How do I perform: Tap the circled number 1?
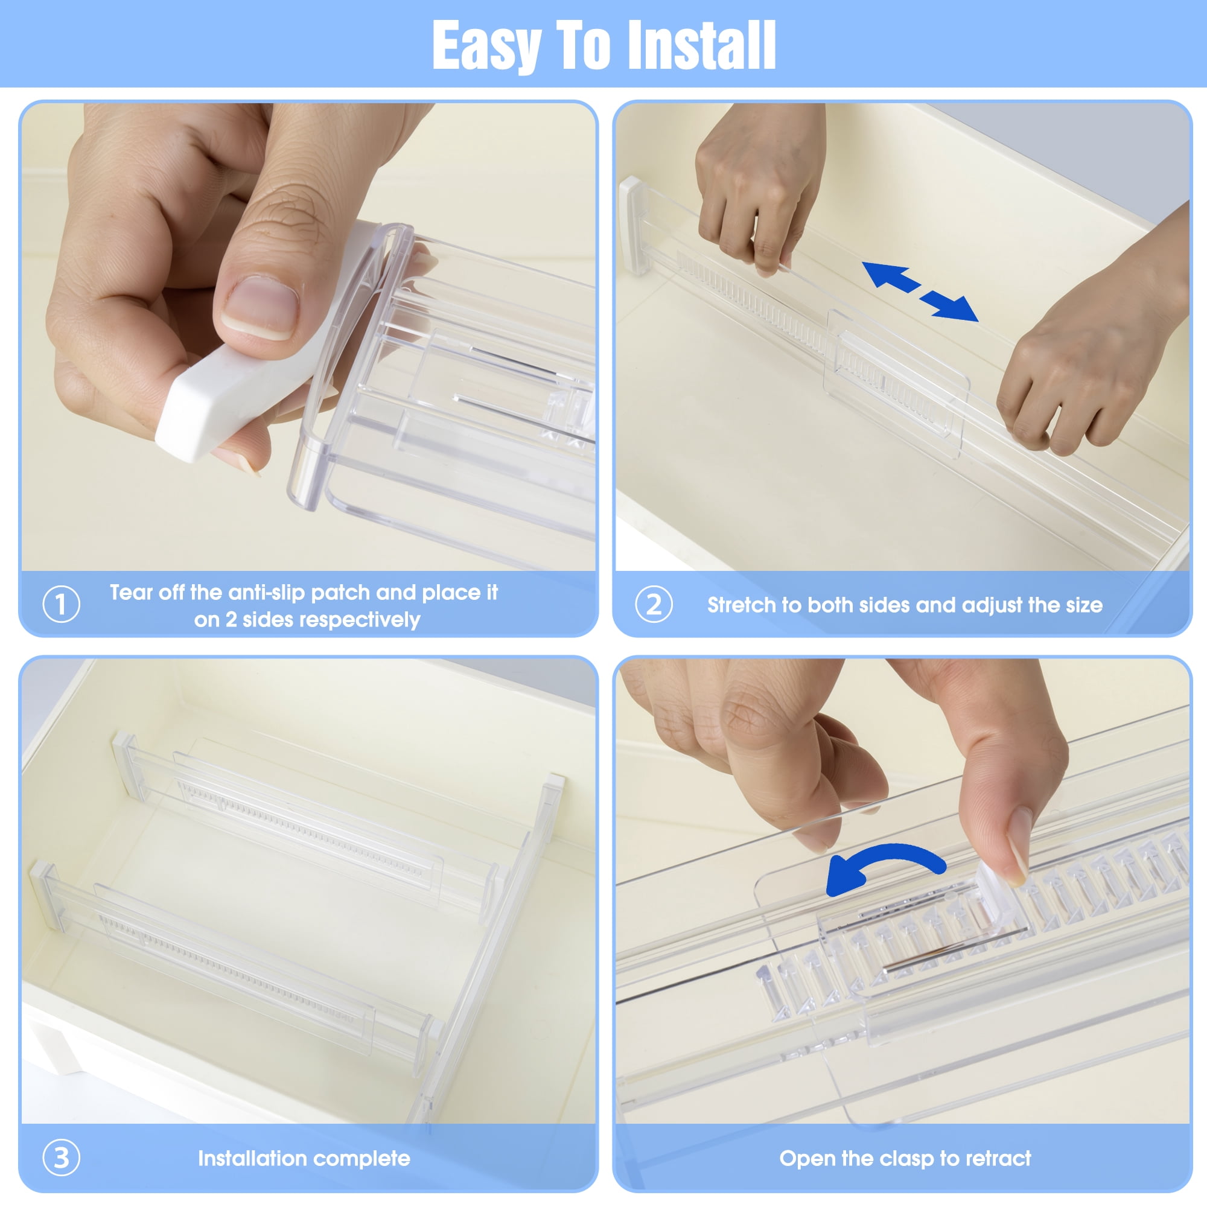[x=61, y=604]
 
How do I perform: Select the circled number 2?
[x=654, y=604]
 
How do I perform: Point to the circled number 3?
[x=61, y=1157]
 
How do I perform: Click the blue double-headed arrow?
[x=920, y=291]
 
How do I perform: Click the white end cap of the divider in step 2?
[x=632, y=225]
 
